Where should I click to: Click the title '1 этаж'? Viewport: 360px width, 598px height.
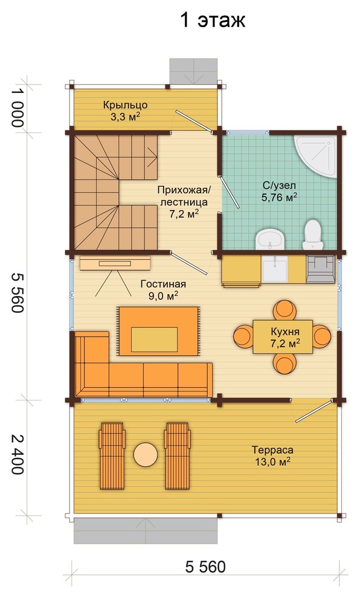click(213, 20)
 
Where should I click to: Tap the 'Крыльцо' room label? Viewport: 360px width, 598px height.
click(126, 105)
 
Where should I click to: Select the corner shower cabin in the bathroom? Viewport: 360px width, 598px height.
click(317, 157)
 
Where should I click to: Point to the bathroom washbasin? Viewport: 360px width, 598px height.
click(271, 239)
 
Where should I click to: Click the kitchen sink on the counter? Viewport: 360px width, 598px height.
click(275, 268)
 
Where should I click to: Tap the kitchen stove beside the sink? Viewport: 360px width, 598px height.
click(320, 269)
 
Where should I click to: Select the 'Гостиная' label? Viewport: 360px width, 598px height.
click(163, 284)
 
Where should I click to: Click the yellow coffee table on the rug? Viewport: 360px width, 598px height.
click(155, 339)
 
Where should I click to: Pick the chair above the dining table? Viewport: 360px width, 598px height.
click(284, 310)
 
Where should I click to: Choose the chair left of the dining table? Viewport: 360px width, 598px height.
click(243, 336)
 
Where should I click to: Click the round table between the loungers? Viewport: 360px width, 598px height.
click(146, 454)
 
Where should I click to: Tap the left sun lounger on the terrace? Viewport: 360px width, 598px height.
click(112, 455)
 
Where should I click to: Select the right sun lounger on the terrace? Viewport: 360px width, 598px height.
click(178, 455)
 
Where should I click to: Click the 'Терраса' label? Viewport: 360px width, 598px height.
click(272, 451)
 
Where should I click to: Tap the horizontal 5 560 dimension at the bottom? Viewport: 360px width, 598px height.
click(205, 567)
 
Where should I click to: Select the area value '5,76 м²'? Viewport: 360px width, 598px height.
click(280, 197)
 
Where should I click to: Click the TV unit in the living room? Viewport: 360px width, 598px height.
click(115, 263)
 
